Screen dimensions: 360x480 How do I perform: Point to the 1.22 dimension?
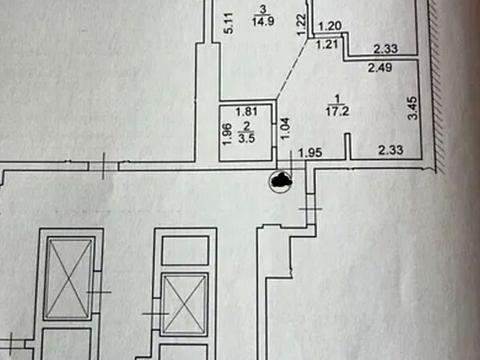(x=301, y=22)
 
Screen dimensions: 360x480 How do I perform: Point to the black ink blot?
(x=281, y=180)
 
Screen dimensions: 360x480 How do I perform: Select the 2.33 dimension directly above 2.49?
(x=386, y=47)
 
